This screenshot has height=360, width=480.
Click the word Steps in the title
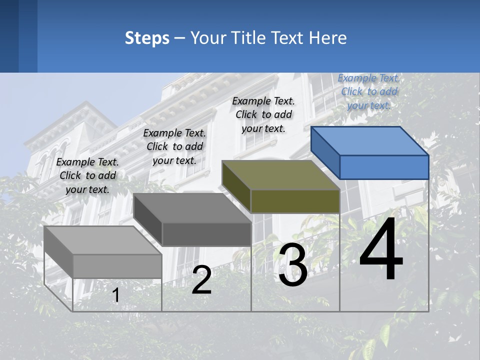(x=147, y=38)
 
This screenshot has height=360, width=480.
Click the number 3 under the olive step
(x=293, y=266)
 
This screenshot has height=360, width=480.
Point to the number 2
(x=201, y=280)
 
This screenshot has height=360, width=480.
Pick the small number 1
(x=116, y=295)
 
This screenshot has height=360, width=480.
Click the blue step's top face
(x=369, y=141)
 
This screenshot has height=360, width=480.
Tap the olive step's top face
(x=280, y=175)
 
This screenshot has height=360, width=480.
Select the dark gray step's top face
(x=192, y=208)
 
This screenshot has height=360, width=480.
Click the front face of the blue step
(x=384, y=167)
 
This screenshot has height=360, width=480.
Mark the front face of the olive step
(x=295, y=201)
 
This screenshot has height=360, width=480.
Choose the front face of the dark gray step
(x=206, y=234)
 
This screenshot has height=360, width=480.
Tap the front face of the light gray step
(x=117, y=266)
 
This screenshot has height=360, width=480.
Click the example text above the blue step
(x=369, y=91)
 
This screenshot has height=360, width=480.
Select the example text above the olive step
(x=263, y=114)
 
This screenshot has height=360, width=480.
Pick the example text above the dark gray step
(x=174, y=146)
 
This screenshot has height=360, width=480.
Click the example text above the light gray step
(x=87, y=175)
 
